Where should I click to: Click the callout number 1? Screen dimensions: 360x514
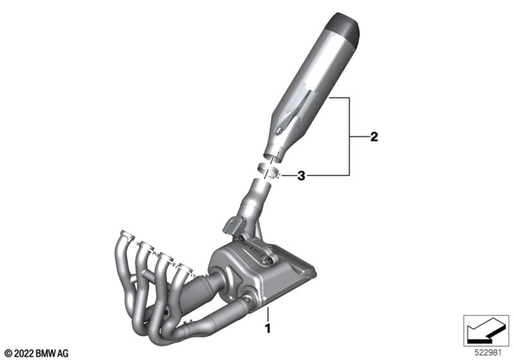268,328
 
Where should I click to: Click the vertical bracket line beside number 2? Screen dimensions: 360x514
351,137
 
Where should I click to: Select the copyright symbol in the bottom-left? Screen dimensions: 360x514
7,351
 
